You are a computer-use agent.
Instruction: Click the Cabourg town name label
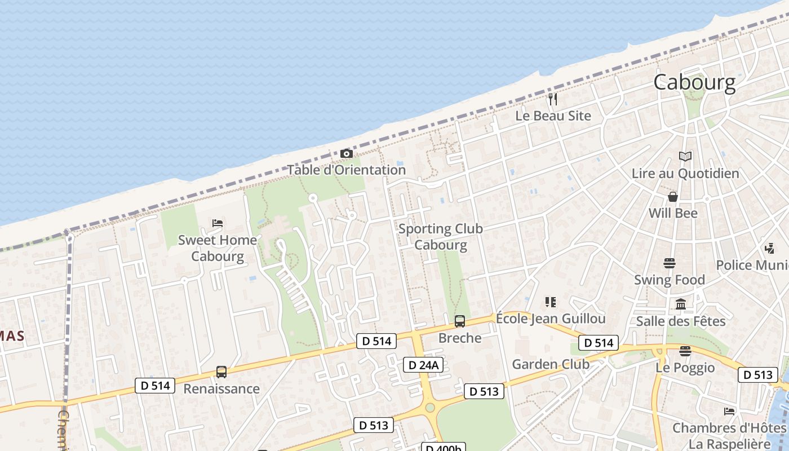[x=694, y=83]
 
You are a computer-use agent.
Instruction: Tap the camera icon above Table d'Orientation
[x=347, y=153]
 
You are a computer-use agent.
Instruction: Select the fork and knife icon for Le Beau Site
[x=553, y=99]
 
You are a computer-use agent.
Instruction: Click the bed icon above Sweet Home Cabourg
[x=217, y=223]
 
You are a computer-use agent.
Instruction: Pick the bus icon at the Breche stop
[x=460, y=321]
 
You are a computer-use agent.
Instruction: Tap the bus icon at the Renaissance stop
[x=221, y=372]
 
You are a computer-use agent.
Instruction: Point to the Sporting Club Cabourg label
[x=441, y=237]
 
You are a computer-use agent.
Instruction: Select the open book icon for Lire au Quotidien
[x=685, y=156]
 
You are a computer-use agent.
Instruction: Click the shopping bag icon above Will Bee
[x=673, y=197]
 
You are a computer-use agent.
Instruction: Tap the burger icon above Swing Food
[x=670, y=263]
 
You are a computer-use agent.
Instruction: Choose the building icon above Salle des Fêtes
[x=681, y=304]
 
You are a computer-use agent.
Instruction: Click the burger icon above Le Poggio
[x=685, y=351]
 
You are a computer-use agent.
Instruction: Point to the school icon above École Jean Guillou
[x=551, y=302]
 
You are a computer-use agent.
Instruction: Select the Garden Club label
[x=551, y=364]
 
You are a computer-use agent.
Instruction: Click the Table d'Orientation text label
[x=347, y=170]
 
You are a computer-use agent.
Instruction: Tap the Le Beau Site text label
[x=553, y=116]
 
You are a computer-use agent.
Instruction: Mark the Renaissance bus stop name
[x=221, y=388]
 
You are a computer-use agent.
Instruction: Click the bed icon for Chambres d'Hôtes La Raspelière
[x=729, y=411]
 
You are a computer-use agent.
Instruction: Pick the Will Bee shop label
[x=673, y=213]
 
